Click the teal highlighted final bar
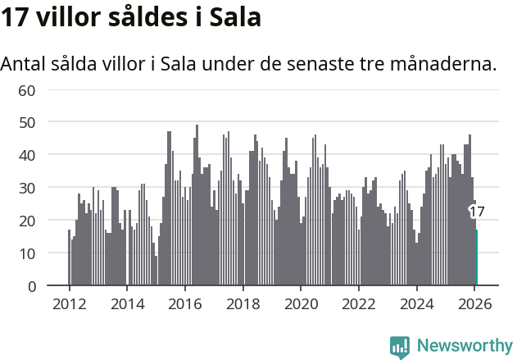(x=477, y=257)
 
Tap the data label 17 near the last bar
(x=477, y=212)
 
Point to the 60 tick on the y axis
(x=27, y=89)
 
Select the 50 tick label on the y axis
(x=27, y=122)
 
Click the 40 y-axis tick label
(x=27, y=155)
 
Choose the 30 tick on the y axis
(x=27, y=188)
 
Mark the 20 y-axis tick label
(x=27, y=221)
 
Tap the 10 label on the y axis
(x=27, y=253)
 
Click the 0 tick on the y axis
(x=31, y=286)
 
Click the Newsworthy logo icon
(x=400, y=347)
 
